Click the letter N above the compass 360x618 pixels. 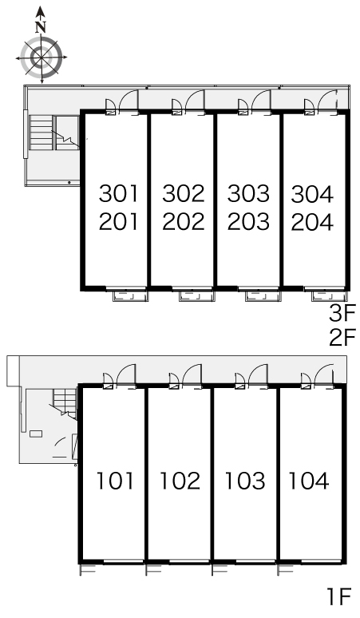41,27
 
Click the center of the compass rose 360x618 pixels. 42,57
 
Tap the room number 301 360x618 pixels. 119,193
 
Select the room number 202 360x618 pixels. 184,221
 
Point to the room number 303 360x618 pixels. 248,193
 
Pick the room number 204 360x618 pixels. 312,221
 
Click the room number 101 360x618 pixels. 116,481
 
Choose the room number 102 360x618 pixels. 180,481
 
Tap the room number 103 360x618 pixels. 245,481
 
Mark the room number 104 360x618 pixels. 309,481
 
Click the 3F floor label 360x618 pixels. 342,314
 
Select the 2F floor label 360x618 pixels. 342,339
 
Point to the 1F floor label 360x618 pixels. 339,596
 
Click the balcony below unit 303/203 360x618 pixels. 263,296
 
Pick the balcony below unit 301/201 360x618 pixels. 130,296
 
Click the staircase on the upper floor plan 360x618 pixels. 53,133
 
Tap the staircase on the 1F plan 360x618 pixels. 65,402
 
